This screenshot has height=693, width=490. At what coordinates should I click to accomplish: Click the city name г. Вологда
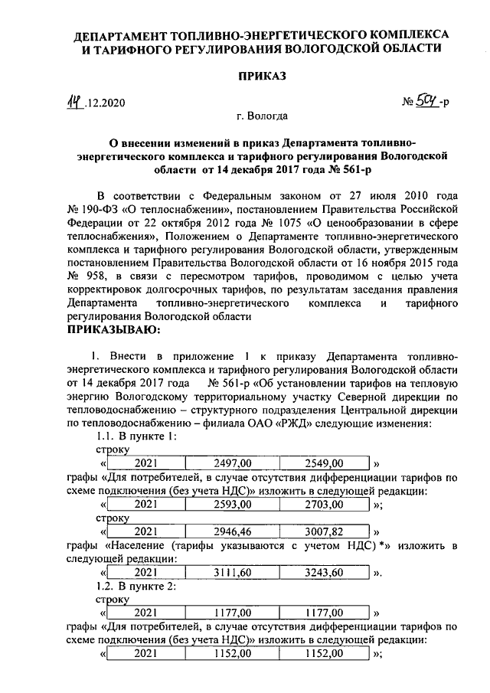coord(262,116)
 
